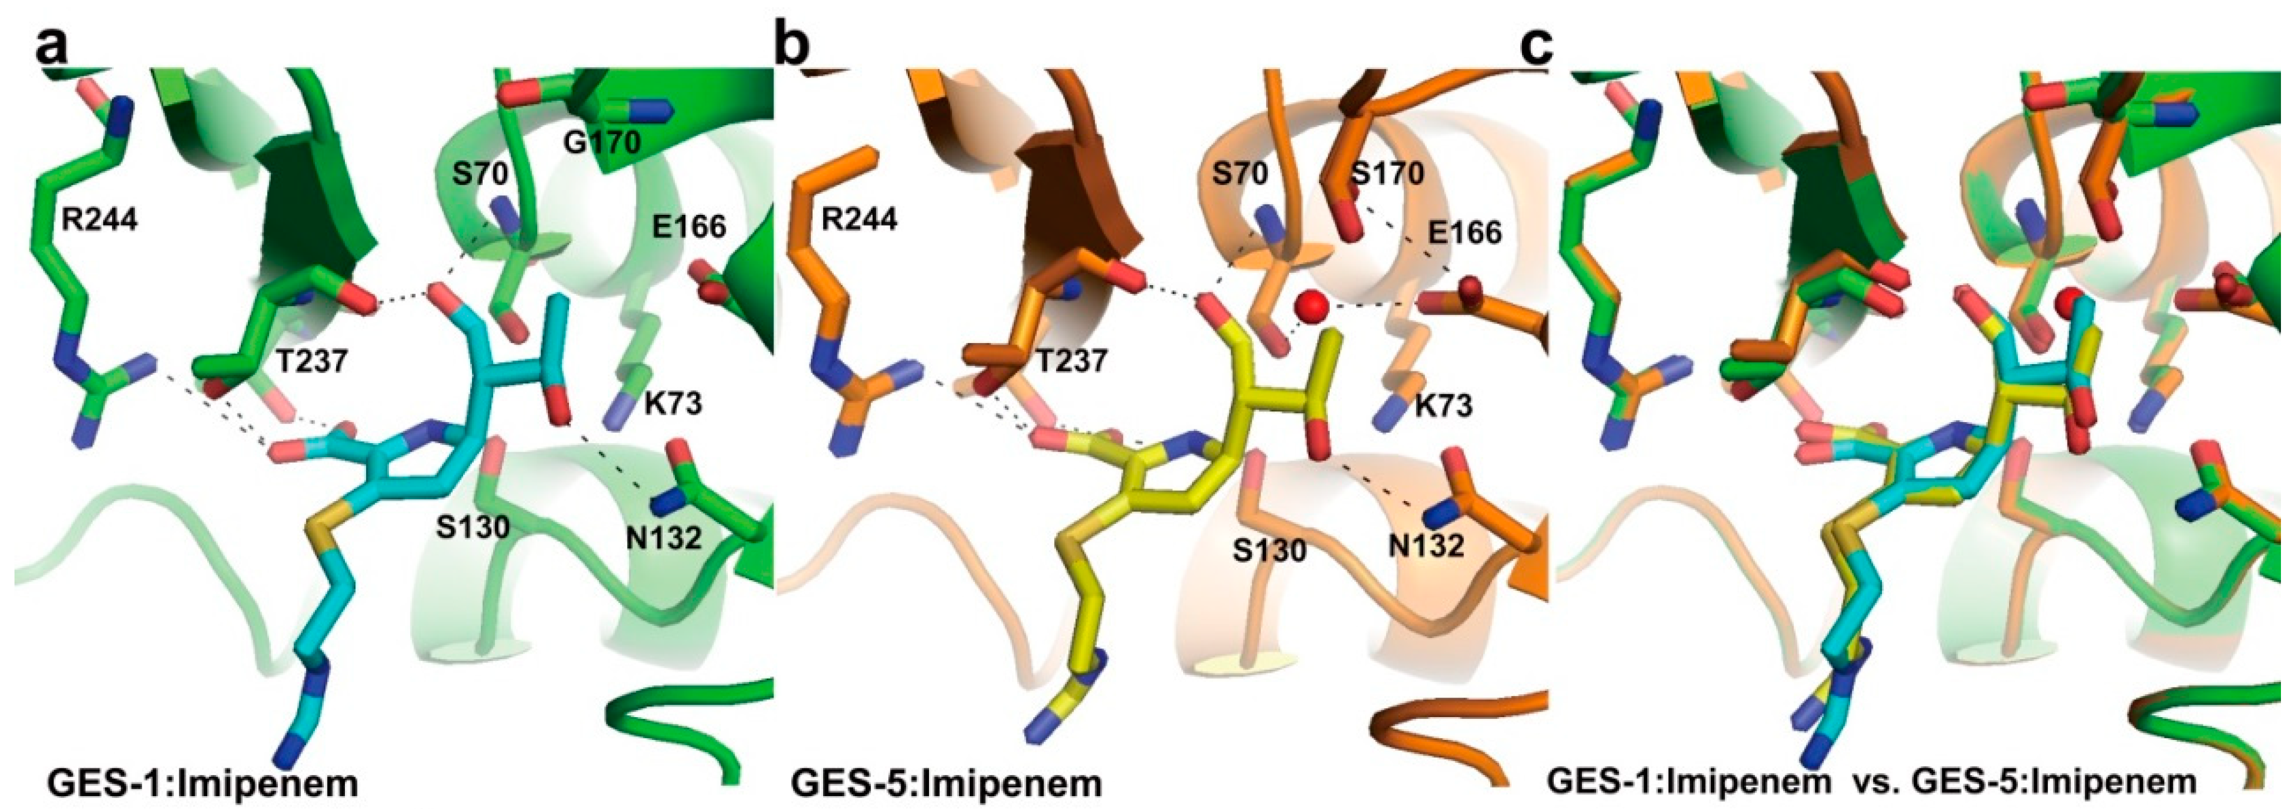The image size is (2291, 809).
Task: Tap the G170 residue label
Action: click(x=602, y=140)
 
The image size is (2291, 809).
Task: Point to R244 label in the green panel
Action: click(x=100, y=219)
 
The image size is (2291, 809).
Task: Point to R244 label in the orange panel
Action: click(x=859, y=219)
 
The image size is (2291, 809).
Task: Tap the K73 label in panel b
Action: click(x=1443, y=406)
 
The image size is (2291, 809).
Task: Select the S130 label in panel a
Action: click(x=472, y=528)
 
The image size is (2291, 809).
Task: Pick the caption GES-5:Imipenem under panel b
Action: click(x=945, y=783)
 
